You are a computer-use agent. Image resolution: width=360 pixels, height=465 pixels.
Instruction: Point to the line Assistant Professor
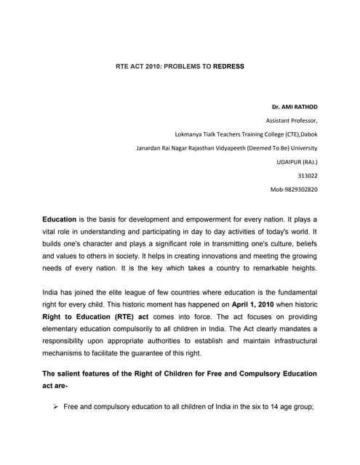[292, 121]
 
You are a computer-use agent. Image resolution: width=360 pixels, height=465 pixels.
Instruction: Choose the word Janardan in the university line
[151, 148]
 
